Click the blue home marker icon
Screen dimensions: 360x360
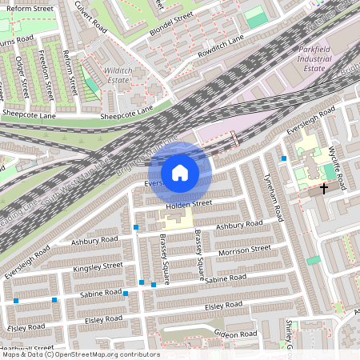pos(180,173)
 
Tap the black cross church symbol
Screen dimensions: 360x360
pos(324,189)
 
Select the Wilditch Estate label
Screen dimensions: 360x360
pos(118,75)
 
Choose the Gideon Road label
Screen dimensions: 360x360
pos(235,333)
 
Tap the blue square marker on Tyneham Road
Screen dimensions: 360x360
pos(284,158)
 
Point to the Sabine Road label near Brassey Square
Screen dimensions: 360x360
pos(226,279)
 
